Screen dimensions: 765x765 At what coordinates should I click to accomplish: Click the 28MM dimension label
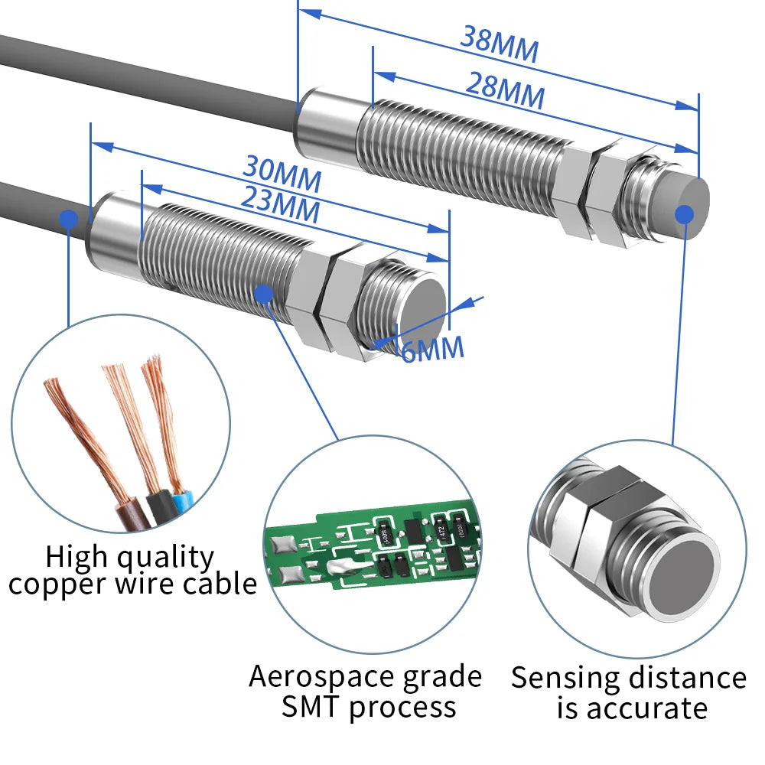[505, 90]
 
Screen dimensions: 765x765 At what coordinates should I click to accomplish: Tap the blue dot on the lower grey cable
[69, 219]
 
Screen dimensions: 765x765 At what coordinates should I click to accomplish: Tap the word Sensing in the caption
[566, 679]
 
